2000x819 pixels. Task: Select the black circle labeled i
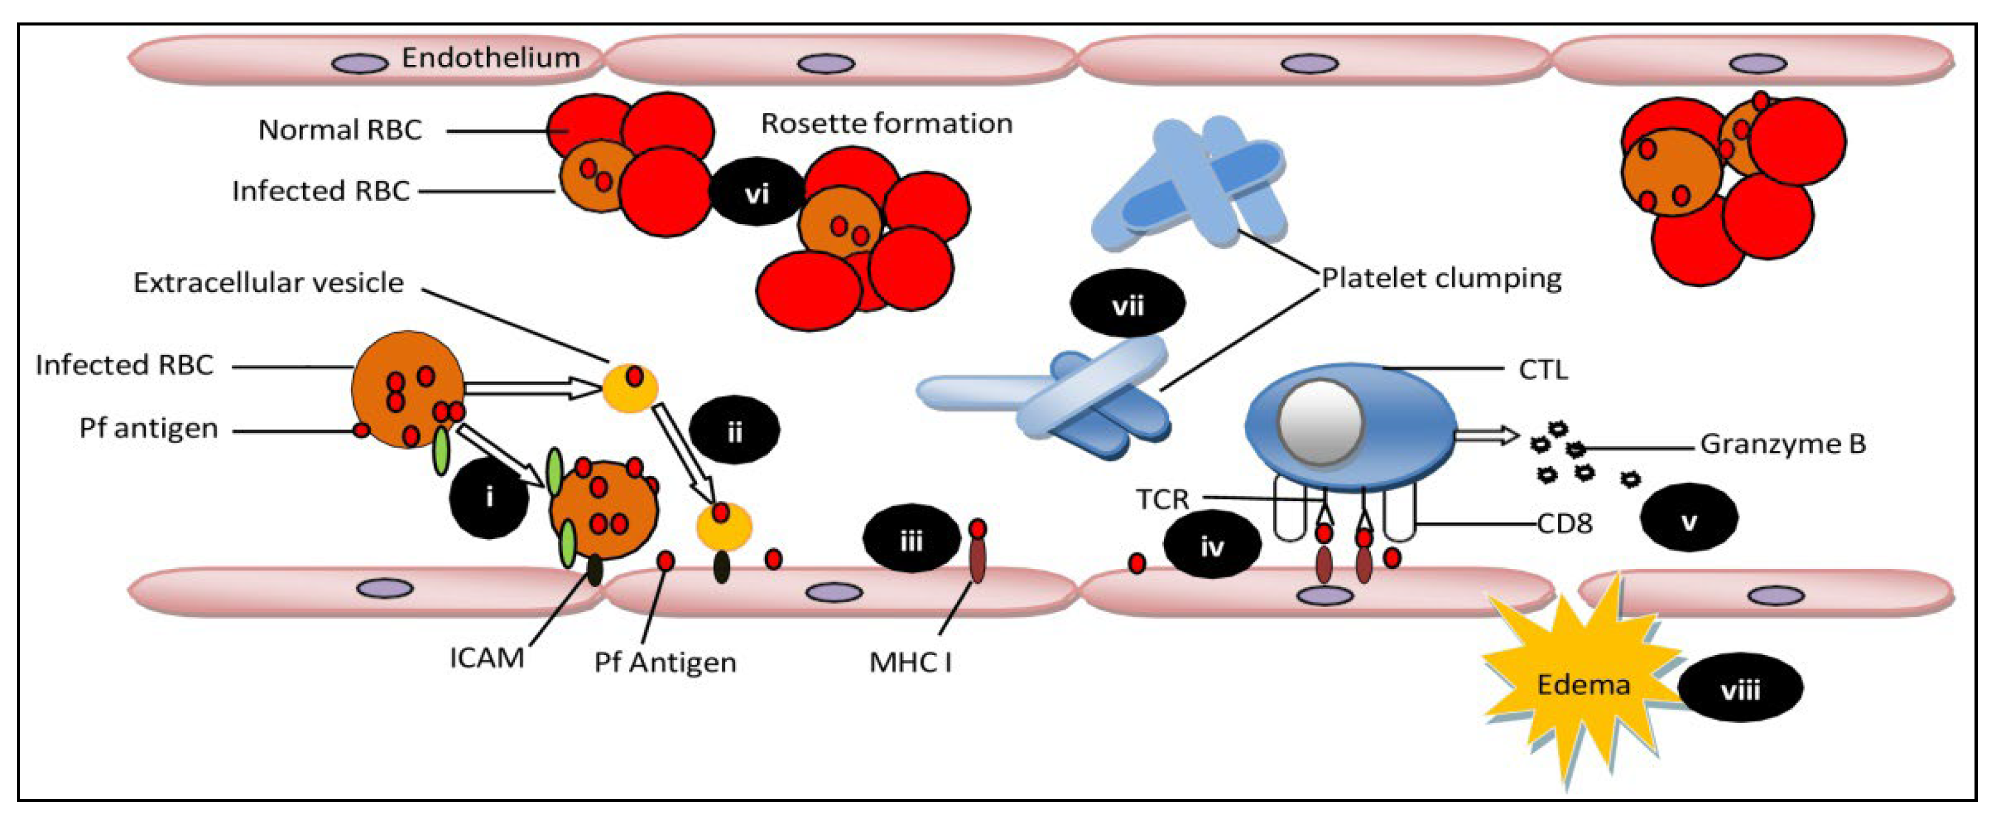tap(489, 497)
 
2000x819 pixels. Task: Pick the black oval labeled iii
tap(911, 538)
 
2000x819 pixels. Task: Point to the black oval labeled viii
tap(1740, 688)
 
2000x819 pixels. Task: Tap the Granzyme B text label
tap(1783, 444)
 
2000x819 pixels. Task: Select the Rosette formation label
tap(886, 123)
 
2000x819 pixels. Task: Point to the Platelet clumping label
tap(1441, 278)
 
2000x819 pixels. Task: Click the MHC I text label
tap(910, 662)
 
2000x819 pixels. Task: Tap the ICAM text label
tap(487, 658)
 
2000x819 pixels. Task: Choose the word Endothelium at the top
tap(491, 58)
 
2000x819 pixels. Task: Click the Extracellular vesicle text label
tap(268, 282)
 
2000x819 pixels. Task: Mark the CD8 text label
tap(1565, 524)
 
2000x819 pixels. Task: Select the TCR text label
tap(1162, 499)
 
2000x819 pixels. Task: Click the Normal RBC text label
tap(340, 130)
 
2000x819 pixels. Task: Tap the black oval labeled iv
tap(1211, 546)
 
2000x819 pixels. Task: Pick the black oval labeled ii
tap(733, 431)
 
